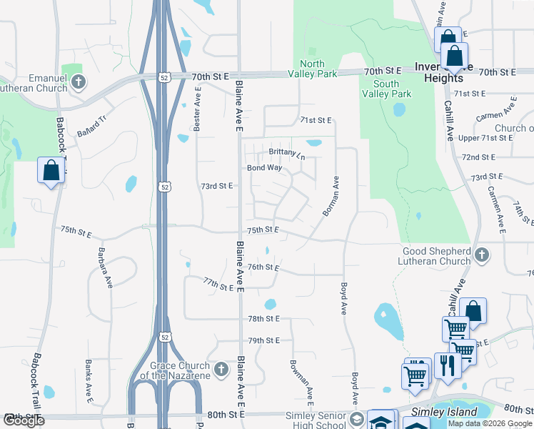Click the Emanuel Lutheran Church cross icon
coord(79,82)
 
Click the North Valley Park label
coord(312,68)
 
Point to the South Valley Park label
coord(386,89)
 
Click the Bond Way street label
coord(264,168)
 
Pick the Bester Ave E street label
coord(198,109)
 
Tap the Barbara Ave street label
coord(106,267)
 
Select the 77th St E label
coord(218,285)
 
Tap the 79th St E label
coord(263,340)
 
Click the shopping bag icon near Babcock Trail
coord(51,170)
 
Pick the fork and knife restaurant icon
coord(447,365)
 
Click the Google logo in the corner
coord(24,420)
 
